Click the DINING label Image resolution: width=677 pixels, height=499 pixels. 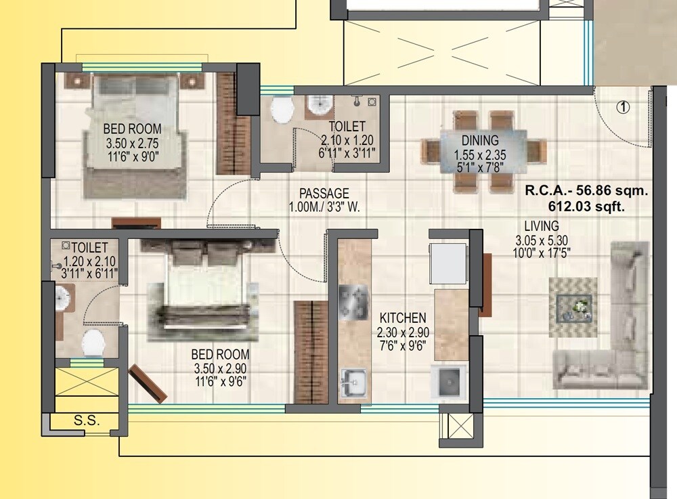point(480,141)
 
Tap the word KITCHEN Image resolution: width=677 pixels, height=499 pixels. point(403,318)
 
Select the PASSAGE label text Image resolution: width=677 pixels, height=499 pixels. point(325,193)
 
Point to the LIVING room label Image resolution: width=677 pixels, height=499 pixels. point(541,225)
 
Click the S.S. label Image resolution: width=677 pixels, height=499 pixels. point(87,420)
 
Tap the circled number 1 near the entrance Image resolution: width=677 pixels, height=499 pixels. point(623,106)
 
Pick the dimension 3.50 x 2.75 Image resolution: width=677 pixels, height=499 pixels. point(132,143)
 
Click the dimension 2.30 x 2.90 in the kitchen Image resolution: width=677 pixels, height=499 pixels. point(403,332)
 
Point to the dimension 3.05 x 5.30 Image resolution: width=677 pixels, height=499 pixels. point(541,240)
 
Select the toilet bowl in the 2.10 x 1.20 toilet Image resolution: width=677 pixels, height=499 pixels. point(280,110)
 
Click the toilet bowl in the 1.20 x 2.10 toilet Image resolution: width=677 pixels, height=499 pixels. point(93,343)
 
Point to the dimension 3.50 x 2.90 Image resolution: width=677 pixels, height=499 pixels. point(219,368)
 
